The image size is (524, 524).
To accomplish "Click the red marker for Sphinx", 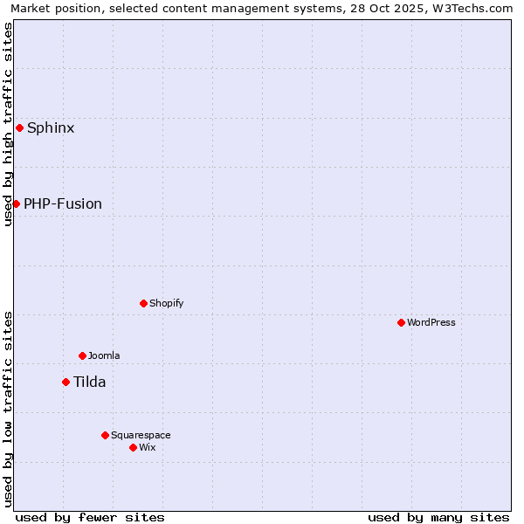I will click(19, 128).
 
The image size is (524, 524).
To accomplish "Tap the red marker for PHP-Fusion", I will click(16, 203).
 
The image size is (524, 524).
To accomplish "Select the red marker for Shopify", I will click(143, 303).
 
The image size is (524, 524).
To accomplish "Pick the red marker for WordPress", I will click(401, 322).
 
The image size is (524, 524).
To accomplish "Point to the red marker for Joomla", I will click(82, 355).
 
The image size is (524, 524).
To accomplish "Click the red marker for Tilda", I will click(65, 382).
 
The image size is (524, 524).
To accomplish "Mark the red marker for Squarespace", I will click(105, 435).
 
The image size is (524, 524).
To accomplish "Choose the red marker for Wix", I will click(133, 447).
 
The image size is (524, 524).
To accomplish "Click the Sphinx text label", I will click(51, 128).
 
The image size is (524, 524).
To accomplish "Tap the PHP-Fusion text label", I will click(63, 203).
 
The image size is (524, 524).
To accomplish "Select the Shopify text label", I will click(166, 303).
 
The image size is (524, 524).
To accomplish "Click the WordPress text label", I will click(431, 322).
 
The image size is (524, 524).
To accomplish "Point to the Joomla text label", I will click(104, 355).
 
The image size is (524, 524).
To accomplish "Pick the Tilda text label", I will click(89, 382).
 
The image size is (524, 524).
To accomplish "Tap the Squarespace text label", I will click(141, 435).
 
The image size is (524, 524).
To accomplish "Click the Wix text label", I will click(147, 447).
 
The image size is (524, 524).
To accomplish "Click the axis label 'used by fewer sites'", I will click(90, 517).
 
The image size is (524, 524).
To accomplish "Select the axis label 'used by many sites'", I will click(438, 517).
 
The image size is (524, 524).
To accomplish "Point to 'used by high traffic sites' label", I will click(8, 124).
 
